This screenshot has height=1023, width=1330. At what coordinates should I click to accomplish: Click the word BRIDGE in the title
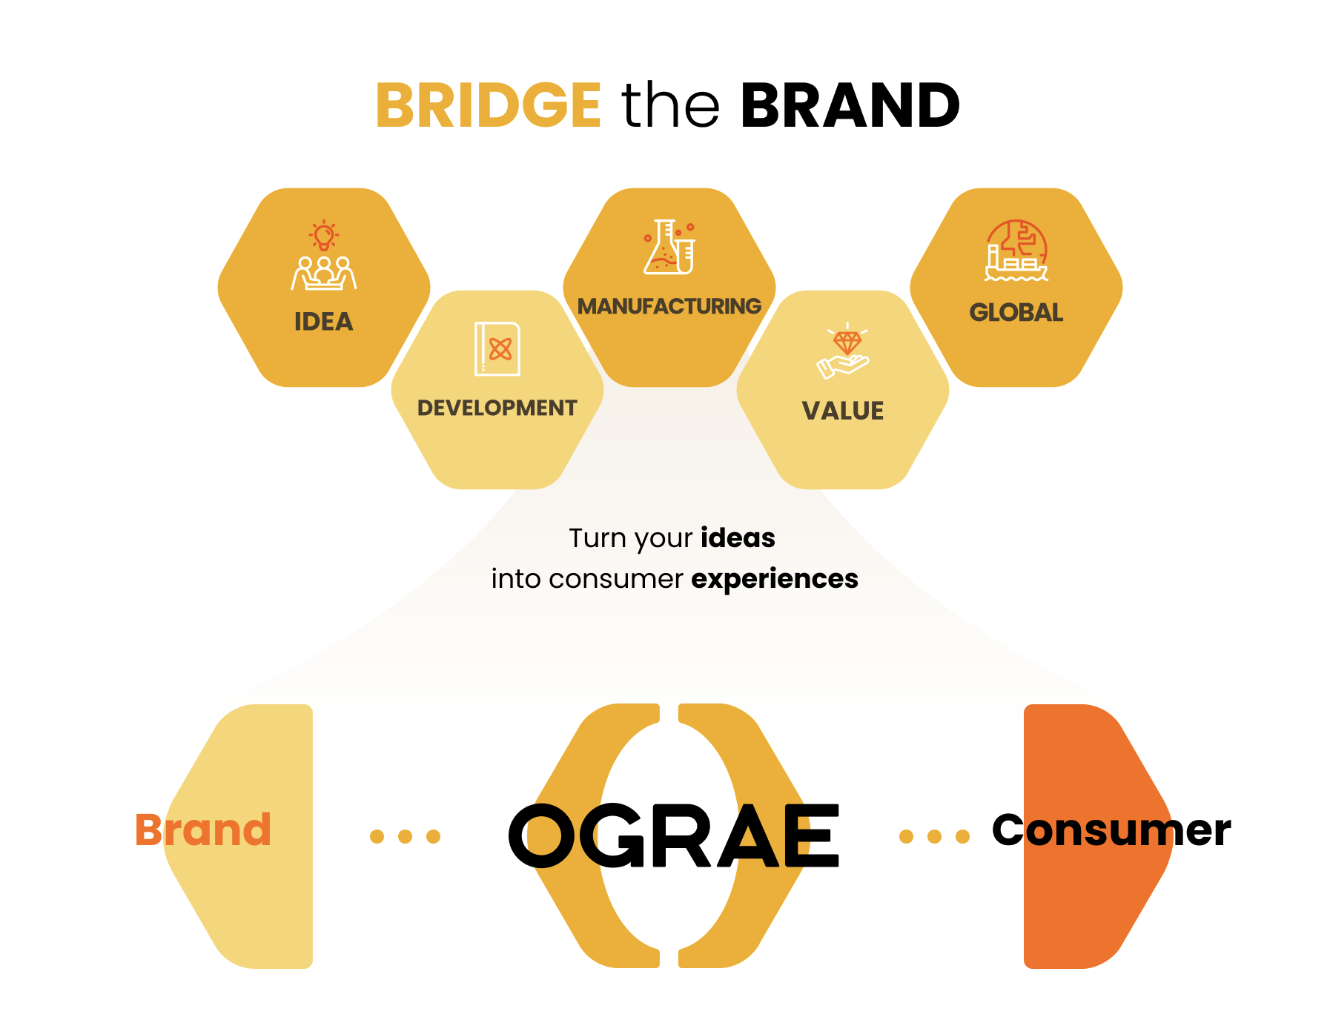[489, 105]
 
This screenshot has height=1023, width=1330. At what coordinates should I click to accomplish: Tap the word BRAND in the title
[850, 105]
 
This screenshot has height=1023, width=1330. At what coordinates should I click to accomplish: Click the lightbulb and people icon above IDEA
[324, 255]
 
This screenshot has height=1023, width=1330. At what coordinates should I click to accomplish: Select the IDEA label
[324, 322]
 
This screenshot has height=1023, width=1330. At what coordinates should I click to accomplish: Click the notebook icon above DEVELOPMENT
[497, 348]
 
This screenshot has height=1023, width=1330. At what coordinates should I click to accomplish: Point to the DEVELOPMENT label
[497, 408]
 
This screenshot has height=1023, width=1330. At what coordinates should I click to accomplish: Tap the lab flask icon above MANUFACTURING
[669, 247]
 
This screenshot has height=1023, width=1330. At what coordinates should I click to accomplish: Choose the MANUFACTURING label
[669, 306]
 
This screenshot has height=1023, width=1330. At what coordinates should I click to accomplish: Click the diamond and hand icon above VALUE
[843, 351]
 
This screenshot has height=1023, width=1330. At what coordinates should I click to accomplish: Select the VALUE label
[843, 411]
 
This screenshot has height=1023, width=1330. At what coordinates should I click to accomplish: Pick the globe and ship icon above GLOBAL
[1016, 251]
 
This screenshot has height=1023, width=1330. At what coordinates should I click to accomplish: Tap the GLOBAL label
[1016, 313]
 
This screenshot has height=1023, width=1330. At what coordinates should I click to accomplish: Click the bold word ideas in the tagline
[738, 537]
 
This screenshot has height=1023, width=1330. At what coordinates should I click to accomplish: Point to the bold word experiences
[775, 579]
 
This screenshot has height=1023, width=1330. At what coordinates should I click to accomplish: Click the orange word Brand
[203, 830]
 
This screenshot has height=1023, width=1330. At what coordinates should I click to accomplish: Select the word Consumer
[1111, 830]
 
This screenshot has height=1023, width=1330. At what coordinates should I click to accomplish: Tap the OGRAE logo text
[674, 836]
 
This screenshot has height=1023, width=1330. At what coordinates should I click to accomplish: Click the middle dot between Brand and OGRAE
[405, 837]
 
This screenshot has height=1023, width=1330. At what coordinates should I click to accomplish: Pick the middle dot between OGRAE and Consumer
[934, 837]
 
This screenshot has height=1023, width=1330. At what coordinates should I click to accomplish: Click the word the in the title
[670, 105]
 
